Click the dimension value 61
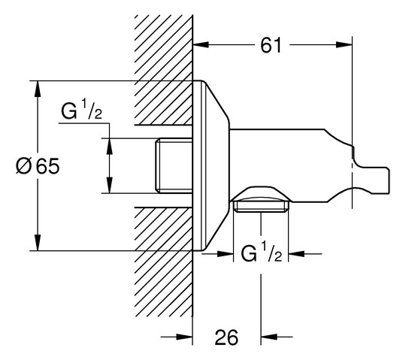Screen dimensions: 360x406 [x=272, y=45]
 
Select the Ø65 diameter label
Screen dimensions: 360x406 [x=36, y=166]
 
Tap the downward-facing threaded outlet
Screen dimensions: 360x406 [x=259, y=201]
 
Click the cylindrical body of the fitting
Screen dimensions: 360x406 [x=286, y=162]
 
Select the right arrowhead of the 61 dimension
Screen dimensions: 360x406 [x=347, y=45]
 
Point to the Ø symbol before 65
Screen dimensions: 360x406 [x=22, y=166]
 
